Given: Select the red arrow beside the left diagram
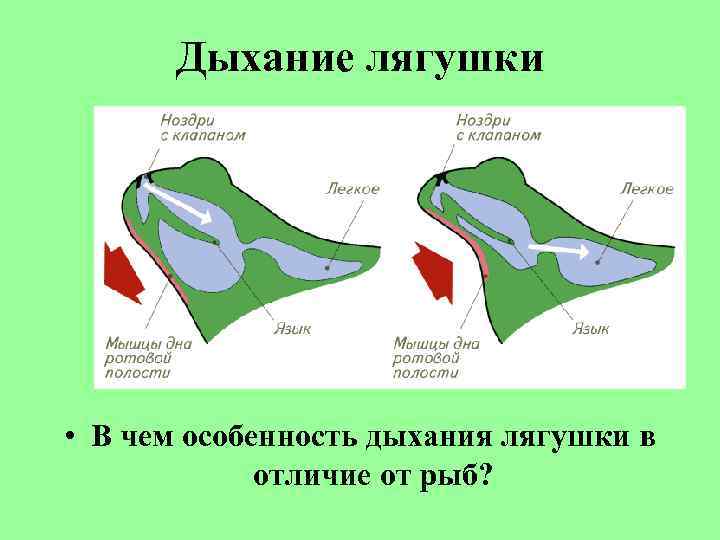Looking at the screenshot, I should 123,271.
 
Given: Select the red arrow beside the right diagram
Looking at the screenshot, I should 433,271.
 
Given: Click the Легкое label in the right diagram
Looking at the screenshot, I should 646,188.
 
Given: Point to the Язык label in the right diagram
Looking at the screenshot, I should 591,327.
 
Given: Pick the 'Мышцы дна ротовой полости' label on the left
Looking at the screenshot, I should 148,357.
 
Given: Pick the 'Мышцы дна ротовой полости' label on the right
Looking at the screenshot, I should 437,357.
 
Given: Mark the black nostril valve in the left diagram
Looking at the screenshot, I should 140,180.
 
